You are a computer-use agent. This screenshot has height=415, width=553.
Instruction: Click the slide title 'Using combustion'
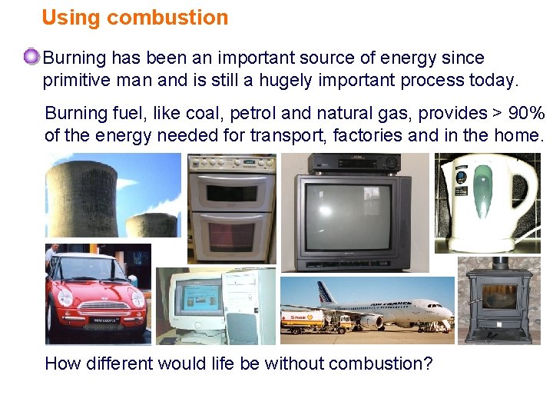(x=134, y=18)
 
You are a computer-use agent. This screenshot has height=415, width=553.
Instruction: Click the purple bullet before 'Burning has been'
(x=31, y=57)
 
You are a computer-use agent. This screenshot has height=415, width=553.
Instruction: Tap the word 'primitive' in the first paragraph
(x=75, y=80)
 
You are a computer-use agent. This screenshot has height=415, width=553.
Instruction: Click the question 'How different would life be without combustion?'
(x=239, y=363)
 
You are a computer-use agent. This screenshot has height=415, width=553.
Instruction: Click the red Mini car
(x=96, y=296)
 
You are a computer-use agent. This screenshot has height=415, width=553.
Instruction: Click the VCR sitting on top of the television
(x=354, y=163)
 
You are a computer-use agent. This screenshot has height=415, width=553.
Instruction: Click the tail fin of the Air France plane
(x=326, y=292)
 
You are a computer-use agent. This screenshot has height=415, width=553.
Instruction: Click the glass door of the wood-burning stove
(x=498, y=296)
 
